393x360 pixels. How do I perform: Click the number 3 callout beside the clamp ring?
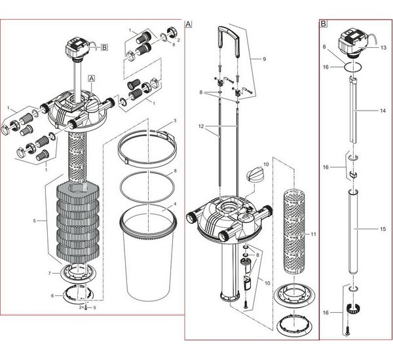click(175, 121)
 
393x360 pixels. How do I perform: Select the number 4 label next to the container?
click(175, 205)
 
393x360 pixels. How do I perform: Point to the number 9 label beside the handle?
click(264, 59)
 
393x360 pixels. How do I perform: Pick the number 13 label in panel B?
click(383, 48)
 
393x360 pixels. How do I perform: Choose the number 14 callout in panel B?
click(383, 112)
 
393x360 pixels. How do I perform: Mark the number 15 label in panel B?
click(383, 228)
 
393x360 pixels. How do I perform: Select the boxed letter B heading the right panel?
click(324, 24)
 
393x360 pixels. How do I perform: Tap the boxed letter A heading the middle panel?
click(189, 24)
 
